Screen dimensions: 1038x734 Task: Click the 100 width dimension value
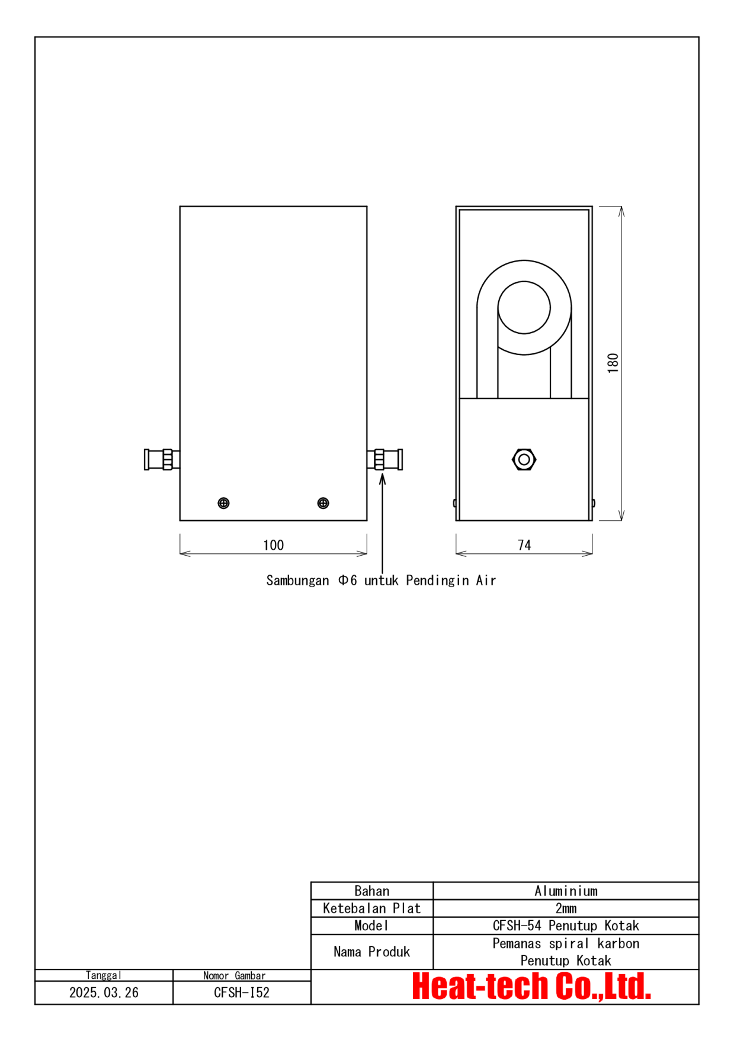(273, 545)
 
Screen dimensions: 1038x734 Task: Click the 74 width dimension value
(524, 545)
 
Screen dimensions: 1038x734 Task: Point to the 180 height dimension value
(613, 363)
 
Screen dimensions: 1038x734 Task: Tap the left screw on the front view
(223, 503)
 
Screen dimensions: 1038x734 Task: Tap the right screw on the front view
(323, 503)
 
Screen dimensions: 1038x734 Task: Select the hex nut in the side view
(524, 459)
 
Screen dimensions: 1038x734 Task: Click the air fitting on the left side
(161, 459)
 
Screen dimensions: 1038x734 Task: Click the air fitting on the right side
(385, 459)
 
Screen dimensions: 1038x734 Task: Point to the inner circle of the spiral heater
(524, 307)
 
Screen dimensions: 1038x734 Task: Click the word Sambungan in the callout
(297, 581)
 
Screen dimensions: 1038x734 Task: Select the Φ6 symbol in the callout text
(348, 581)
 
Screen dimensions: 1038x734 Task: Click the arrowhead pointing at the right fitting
(383, 478)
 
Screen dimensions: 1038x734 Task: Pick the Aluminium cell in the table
(566, 891)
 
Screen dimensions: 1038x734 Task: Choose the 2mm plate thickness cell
(566, 908)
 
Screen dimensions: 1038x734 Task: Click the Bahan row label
(372, 891)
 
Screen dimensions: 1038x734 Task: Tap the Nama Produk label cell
(372, 952)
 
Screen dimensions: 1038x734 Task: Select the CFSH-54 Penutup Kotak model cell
(566, 926)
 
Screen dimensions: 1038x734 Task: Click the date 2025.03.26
(104, 992)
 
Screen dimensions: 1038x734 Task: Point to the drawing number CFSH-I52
(242, 992)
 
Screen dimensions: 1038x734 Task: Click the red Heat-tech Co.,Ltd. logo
(531, 987)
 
